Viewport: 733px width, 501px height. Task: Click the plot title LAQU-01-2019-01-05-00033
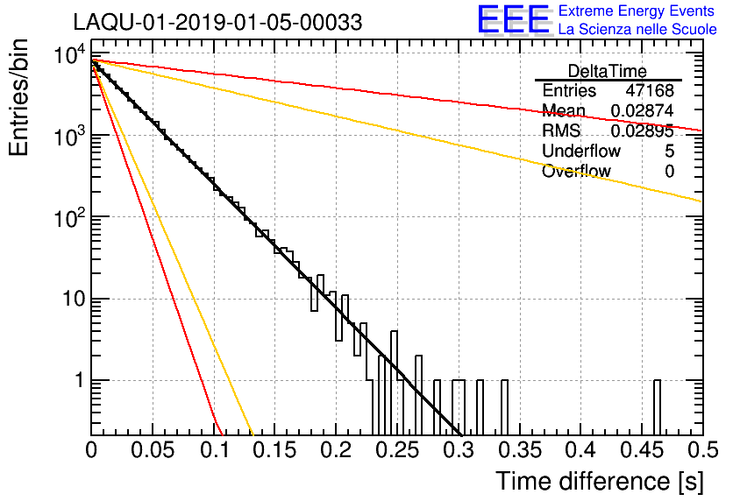217,22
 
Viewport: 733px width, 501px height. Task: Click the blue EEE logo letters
513,19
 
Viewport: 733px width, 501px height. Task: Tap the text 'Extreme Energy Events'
637,11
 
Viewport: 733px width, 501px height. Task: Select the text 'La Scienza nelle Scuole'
637,29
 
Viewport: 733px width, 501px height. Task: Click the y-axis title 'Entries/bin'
18,98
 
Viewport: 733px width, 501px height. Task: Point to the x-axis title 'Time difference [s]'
600,481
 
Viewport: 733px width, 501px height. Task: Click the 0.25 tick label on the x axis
398,450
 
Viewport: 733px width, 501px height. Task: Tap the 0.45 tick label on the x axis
643,450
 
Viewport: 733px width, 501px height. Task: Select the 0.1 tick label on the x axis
215,450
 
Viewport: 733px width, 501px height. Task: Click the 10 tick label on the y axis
75,299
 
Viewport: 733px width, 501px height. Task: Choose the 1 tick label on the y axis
80,380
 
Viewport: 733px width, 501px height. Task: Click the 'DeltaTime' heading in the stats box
608,71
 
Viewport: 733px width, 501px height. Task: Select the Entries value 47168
650,90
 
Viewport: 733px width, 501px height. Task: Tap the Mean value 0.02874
643,110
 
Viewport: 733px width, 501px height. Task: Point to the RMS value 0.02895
643,131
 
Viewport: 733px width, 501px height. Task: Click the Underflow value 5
669,151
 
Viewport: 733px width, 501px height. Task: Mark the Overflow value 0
669,171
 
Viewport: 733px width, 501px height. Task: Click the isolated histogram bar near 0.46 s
657,407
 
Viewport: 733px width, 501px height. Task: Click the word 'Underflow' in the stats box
581,151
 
